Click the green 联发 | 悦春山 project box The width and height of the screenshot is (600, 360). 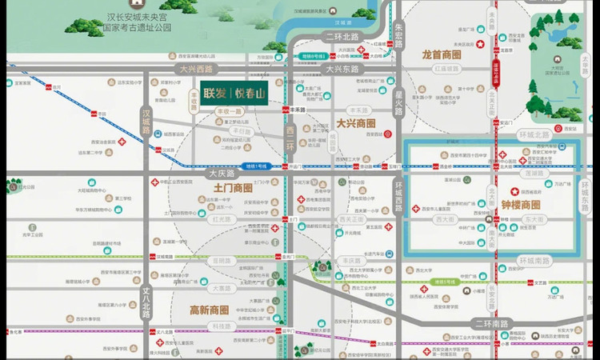[234, 93]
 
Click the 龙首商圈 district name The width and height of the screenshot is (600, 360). [442, 55]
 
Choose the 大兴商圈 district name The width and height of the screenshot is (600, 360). [356, 124]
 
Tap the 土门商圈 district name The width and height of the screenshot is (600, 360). [233, 187]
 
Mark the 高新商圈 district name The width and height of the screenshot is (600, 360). [209, 310]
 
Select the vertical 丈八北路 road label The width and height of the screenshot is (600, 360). [146, 301]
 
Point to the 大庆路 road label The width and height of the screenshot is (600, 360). [224, 173]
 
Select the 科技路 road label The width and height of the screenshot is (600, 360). [218, 326]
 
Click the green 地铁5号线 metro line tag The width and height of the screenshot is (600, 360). [445, 282]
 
